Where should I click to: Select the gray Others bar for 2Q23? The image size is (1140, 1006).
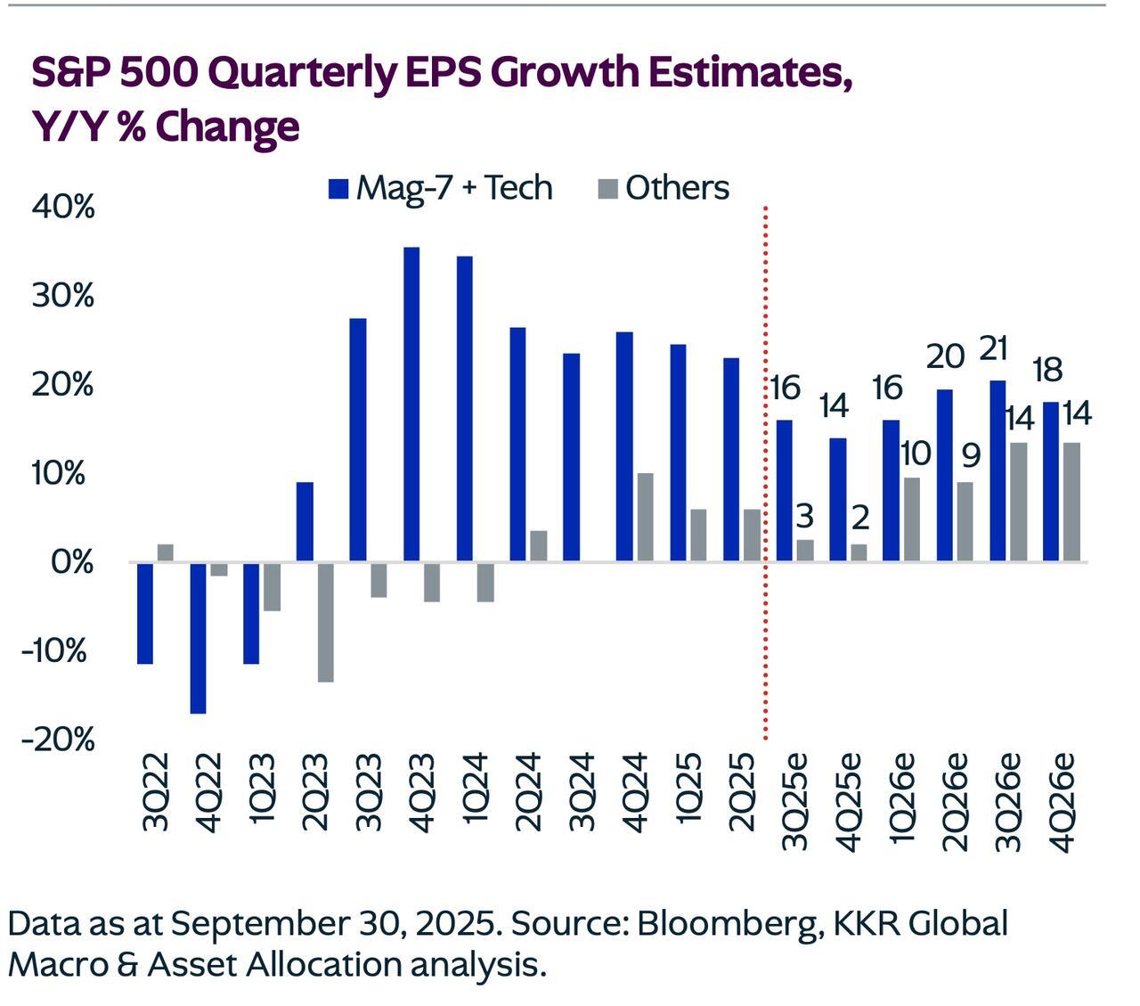point(325,622)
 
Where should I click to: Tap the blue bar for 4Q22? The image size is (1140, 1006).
point(198,637)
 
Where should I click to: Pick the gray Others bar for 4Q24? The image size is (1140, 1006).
point(645,517)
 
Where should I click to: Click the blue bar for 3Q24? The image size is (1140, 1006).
point(572,457)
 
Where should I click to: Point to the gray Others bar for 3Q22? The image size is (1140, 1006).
point(165,552)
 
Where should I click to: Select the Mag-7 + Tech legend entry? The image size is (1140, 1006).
point(441,188)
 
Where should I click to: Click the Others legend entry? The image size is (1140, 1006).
point(664,188)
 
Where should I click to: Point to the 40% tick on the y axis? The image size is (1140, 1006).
point(63,207)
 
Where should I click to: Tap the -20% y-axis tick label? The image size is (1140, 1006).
point(59,739)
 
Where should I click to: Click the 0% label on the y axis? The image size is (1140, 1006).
point(72,562)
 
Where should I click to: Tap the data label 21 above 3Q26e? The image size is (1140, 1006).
point(992,348)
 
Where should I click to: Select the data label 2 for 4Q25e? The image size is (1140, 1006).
point(860,517)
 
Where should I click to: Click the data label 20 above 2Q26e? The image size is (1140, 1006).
point(946,356)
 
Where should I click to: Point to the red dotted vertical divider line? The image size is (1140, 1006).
point(766,472)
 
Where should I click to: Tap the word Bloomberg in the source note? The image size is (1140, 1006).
point(729,923)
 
